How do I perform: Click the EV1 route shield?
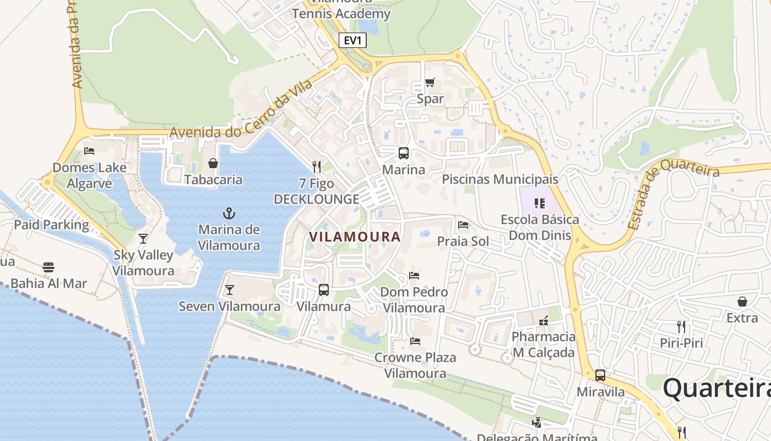pyautogui.click(x=352, y=40)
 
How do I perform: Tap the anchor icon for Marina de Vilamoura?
pyautogui.click(x=229, y=213)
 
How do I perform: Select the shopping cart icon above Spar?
pyautogui.click(x=430, y=83)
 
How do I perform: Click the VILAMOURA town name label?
pyautogui.click(x=355, y=237)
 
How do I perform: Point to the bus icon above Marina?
pyautogui.click(x=404, y=153)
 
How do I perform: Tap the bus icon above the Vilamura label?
pyautogui.click(x=324, y=290)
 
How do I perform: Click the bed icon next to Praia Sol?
pyautogui.click(x=463, y=225)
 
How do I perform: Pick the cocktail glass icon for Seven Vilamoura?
pyautogui.click(x=230, y=290)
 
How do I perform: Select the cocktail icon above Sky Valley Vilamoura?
pyautogui.click(x=143, y=239)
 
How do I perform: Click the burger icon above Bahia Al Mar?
pyautogui.click(x=48, y=267)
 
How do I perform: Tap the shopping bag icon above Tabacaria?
pyautogui.click(x=213, y=163)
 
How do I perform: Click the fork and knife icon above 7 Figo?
pyautogui.click(x=317, y=166)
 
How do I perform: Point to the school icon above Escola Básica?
pyautogui.click(x=540, y=203)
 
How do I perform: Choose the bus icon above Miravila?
pyautogui.click(x=600, y=375)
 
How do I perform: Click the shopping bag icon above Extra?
pyautogui.click(x=742, y=302)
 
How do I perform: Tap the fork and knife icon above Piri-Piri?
pyautogui.click(x=681, y=327)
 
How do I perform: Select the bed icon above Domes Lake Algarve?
pyautogui.click(x=89, y=151)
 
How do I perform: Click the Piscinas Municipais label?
pyautogui.click(x=500, y=180)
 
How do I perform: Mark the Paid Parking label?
pyautogui.click(x=51, y=225)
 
